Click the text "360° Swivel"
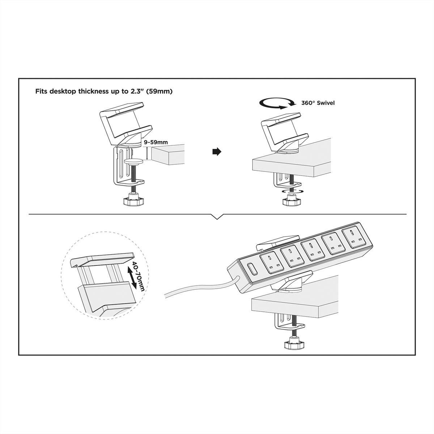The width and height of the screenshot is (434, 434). tap(318, 103)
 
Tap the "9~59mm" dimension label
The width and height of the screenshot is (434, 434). tap(156, 142)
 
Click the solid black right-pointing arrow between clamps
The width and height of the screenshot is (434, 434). tap(217, 152)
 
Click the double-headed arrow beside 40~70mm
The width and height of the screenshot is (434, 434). tap(132, 277)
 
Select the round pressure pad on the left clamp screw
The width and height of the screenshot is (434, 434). tap(134, 161)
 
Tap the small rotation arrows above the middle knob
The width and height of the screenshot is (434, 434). tap(293, 191)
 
